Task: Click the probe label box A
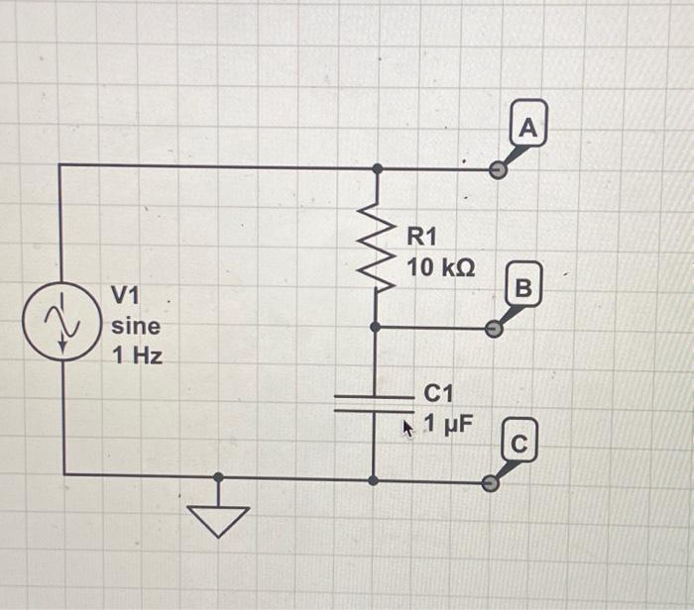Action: coord(529,128)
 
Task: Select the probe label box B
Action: coord(525,287)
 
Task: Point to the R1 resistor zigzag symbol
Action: coord(375,248)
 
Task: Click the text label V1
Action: coord(126,295)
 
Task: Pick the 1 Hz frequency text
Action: coord(136,355)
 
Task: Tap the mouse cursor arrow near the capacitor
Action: coord(406,428)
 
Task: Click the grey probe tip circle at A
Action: coord(499,170)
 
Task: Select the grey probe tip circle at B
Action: coord(495,328)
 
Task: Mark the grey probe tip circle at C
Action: coord(489,482)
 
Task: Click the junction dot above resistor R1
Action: coord(375,169)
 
